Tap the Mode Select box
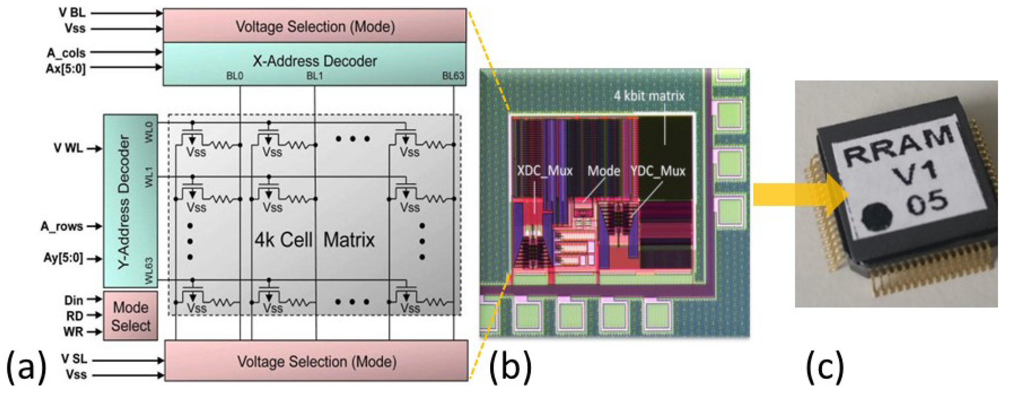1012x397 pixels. point(130,316)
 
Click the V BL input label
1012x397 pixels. point(72,13)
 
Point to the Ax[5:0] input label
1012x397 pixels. point(65,68)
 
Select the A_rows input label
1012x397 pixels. point(62,227)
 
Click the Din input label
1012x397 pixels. point(74,300)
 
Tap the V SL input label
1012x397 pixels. point(74,358)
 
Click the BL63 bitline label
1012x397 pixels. point(453,76)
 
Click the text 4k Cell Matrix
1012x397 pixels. point(314,240)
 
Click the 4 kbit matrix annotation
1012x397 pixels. point(649,96)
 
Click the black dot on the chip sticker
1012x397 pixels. point(877,217)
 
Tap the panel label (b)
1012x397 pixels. point(510,366)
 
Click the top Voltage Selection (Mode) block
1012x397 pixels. point(314,26)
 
